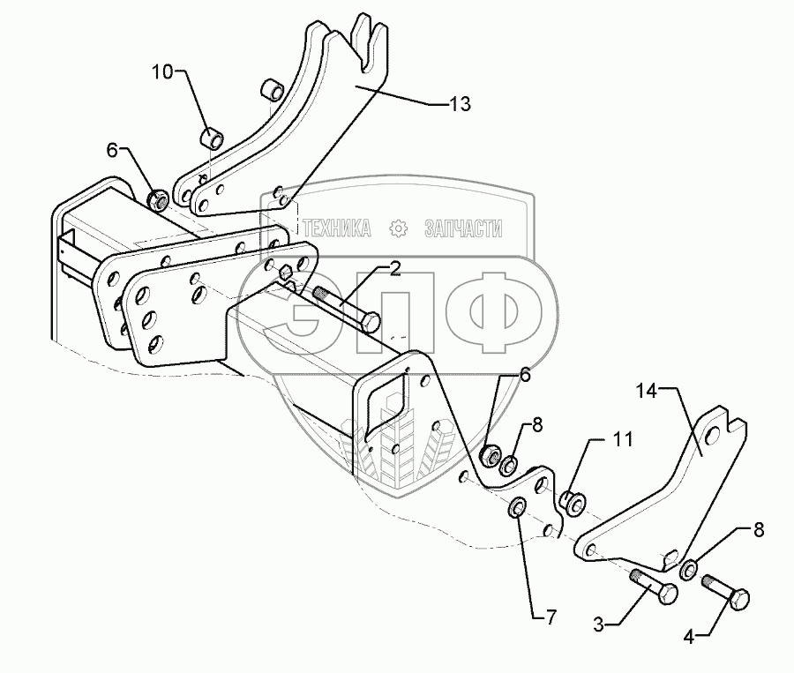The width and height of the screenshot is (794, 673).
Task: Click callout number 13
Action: (460, 104)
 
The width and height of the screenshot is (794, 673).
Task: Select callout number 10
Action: (162, 71)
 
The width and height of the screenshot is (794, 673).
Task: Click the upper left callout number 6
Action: (113, 150)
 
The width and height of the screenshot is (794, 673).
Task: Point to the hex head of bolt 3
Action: (669, 594)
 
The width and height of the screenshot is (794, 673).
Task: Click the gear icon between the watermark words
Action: (399, 229)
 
